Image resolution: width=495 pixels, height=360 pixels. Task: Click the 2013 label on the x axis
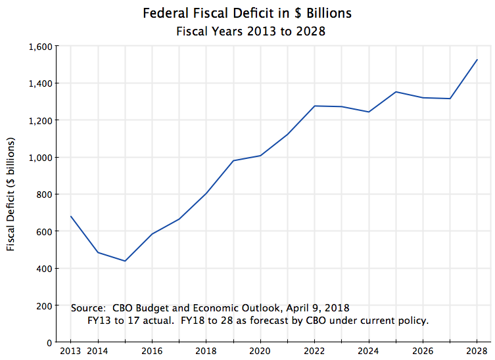pyautogui.click(x=70, y=352)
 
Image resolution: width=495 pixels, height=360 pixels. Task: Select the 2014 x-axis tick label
pyautogui.click(x=98, y=352)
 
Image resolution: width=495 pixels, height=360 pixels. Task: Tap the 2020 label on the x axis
pyautogui.click(x=260, y=352)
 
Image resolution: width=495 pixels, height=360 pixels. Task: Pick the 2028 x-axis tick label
pyautogui.click(x=477, y=352)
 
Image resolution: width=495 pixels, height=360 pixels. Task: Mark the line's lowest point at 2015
pyautogui.click(x=125, y=261)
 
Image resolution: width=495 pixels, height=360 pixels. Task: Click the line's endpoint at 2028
pyautogui.click(x=477, y=60)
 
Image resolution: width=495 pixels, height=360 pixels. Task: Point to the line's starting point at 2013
pyautogui.click(x=70, y=216)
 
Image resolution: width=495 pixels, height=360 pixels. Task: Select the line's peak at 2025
pyautogui.click(x=396, y=92)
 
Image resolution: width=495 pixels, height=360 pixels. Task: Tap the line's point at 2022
pyautogui.click(x=315, y=106)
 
